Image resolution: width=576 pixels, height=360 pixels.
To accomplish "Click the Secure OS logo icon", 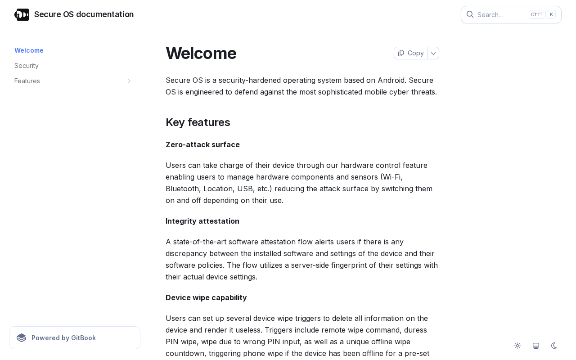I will coord(22,14).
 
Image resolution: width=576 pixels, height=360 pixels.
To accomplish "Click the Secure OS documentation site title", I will coord(84,14).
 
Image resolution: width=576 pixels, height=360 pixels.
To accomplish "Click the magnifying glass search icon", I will coord(470,14).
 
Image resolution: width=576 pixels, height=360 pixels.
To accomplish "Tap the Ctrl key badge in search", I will coord(537,14).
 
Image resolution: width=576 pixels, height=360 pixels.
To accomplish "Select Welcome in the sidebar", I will coord(29,50).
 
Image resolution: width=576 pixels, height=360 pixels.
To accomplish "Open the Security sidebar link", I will coord(27,66).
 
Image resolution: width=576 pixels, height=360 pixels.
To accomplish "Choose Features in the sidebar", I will coord(27,81).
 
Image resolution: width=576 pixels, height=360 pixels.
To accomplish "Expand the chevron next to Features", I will coord(129,81).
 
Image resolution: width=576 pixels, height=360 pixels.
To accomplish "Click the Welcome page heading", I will coord(201,53).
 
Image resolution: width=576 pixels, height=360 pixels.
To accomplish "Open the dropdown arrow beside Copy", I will coord(433,53).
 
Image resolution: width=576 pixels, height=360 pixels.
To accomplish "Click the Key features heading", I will coord(198,122).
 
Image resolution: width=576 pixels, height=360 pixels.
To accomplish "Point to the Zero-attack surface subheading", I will coord(202,144).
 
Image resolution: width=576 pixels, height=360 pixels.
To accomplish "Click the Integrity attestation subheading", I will coord(202,221).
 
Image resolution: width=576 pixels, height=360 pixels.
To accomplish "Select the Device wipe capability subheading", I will coord(206,297).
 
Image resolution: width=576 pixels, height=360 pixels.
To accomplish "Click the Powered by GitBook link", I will coord(75,338).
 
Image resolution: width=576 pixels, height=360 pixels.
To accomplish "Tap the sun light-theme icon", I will coord(517,346).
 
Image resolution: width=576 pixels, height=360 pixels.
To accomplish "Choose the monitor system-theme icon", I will coord(536,346).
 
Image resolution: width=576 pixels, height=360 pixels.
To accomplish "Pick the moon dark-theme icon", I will coord(554,346).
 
